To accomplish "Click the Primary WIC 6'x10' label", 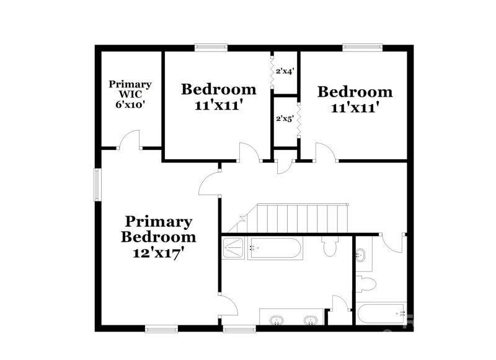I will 130,94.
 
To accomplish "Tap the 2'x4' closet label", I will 284,71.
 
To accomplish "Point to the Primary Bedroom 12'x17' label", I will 159,237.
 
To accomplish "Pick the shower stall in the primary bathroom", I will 234,248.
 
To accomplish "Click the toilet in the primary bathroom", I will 329,247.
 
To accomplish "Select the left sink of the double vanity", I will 277,320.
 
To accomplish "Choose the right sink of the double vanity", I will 310,320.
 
